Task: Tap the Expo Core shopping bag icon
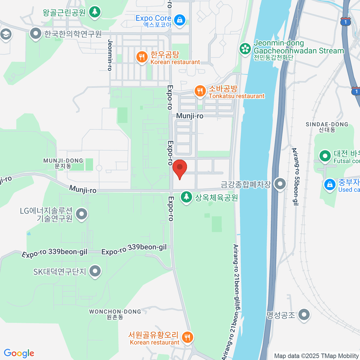(x=179, y=20)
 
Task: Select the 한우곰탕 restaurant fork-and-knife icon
(x=142, y=57)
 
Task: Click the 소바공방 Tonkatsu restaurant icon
(x=199, y=91)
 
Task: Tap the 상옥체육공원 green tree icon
(x=186, y=197)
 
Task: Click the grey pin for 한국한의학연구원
(x=36, y=34)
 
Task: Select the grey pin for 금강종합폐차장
(x=280, y=184)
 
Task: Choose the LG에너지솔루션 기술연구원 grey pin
(x=82, y=214)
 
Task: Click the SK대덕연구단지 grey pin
(x=95, y=271)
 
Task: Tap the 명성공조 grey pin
(x=304, y=315)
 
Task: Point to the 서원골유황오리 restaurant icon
(x=187, y=337)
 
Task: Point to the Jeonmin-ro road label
(x=110, y=55)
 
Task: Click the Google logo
(x=19, y=353)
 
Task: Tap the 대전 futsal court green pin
(x=325, y=156)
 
